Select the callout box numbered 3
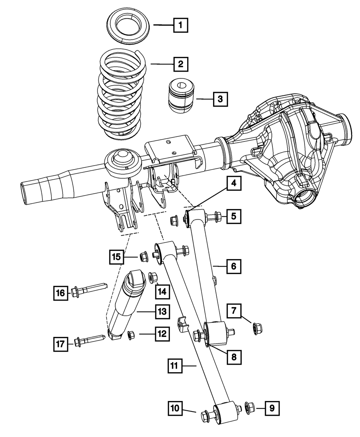click(220, 98)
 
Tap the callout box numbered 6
click(234, 266)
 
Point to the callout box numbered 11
click(175, 366)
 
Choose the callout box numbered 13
click(162, 311)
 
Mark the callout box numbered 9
click(272, 408)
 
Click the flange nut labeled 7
click(256, 328)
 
